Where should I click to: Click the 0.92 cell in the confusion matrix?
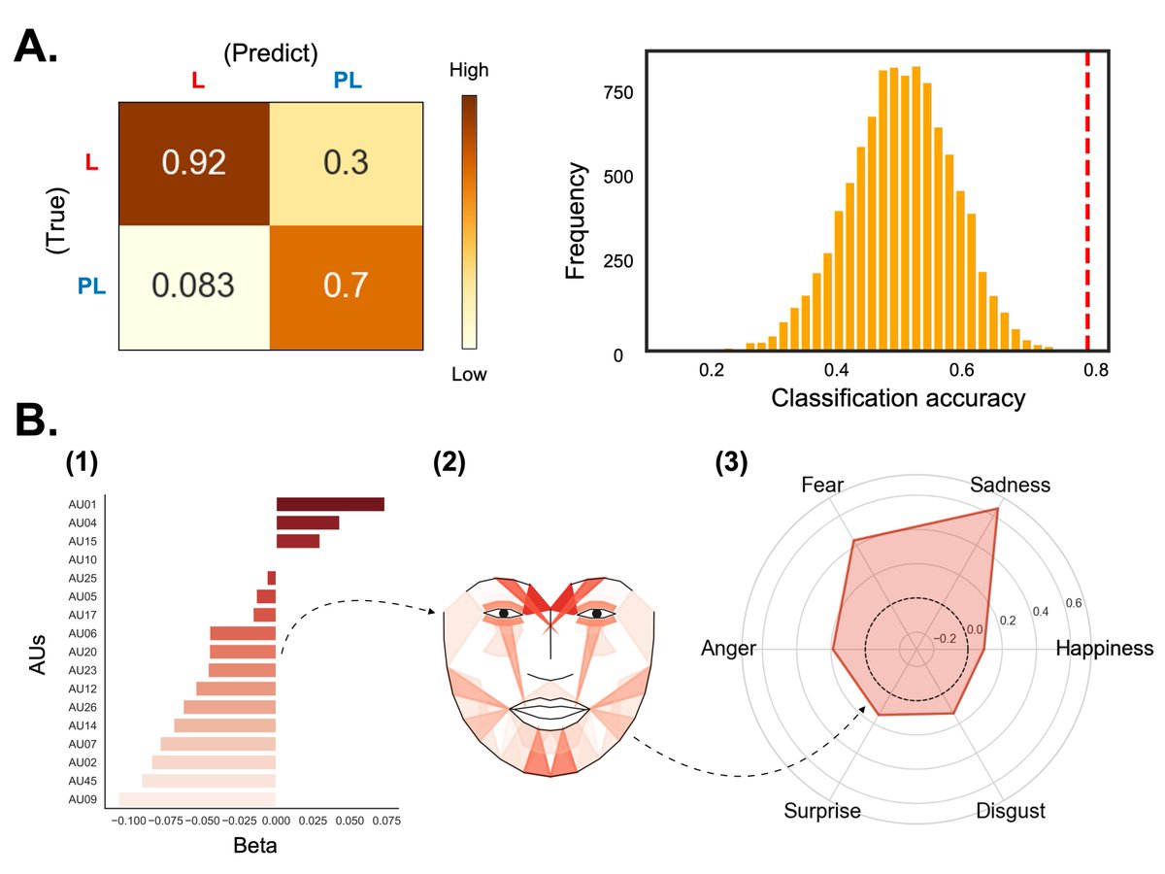click(x=194, y=161)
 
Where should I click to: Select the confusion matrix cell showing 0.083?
click(x=194, y=286)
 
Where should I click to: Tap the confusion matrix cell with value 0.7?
click(x=346, y=286)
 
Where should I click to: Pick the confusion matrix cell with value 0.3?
click(x=346, y=161)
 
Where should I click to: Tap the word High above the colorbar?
click(x=470, y=70)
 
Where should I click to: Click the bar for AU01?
click(x=330, y=504)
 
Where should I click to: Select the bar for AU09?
click(x=197, y=799)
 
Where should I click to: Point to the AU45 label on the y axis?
click(x=82, y=781)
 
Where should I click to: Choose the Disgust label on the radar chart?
click(x=1010, y=810)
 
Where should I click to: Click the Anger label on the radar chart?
click(x=728, y=649)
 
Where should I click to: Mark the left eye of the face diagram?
click(x=504, y=614)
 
